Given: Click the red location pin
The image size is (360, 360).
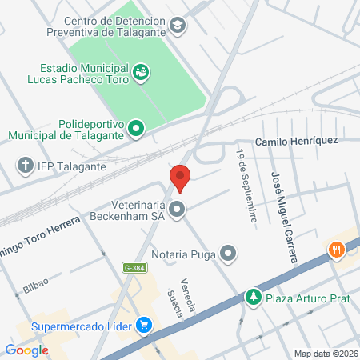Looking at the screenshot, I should (x=180, y=178).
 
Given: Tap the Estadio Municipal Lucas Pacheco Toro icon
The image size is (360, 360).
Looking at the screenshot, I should (x=141, y=73).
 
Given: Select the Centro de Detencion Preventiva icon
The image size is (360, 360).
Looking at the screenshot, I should (x=176, y=26).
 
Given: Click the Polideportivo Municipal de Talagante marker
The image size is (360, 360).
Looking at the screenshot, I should (x=137, y=126).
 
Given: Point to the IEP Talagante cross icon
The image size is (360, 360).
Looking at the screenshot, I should (x=25, y=166).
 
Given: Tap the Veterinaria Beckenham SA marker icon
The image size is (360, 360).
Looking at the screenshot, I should (x=178, y=210).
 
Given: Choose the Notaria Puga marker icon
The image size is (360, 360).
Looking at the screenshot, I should (x=229, y=254).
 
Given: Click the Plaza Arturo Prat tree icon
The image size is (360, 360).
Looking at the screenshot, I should (x=254, y=297).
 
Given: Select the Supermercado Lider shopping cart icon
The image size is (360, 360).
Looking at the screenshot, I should (x=144, y=325).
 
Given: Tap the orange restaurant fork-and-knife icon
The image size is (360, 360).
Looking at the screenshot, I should (x=337, y=249).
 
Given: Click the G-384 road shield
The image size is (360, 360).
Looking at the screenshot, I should (x=134, y=266).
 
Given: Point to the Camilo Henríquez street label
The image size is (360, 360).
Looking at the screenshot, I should (x=296, y=141).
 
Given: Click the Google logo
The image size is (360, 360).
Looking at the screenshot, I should (x=26, y=350).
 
